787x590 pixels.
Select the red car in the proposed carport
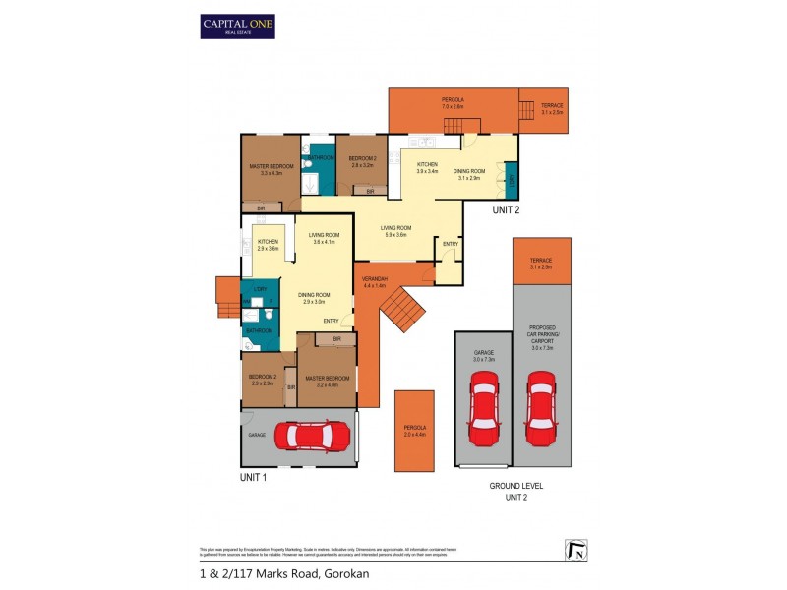[x=541, y=406]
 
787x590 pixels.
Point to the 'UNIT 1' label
[x=254, y=477]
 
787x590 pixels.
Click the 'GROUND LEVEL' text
[x=515, y=486]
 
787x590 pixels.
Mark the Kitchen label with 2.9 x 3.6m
[x=268, y=245]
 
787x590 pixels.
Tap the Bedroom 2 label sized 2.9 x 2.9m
[x=262, y=381]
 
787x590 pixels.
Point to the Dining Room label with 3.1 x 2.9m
[x=467, y=174]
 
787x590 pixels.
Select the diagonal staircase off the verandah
[x=402, y=313]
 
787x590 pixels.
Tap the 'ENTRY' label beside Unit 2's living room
[x=450, y=244]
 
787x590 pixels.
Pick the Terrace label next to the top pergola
[x=552, y=109]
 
